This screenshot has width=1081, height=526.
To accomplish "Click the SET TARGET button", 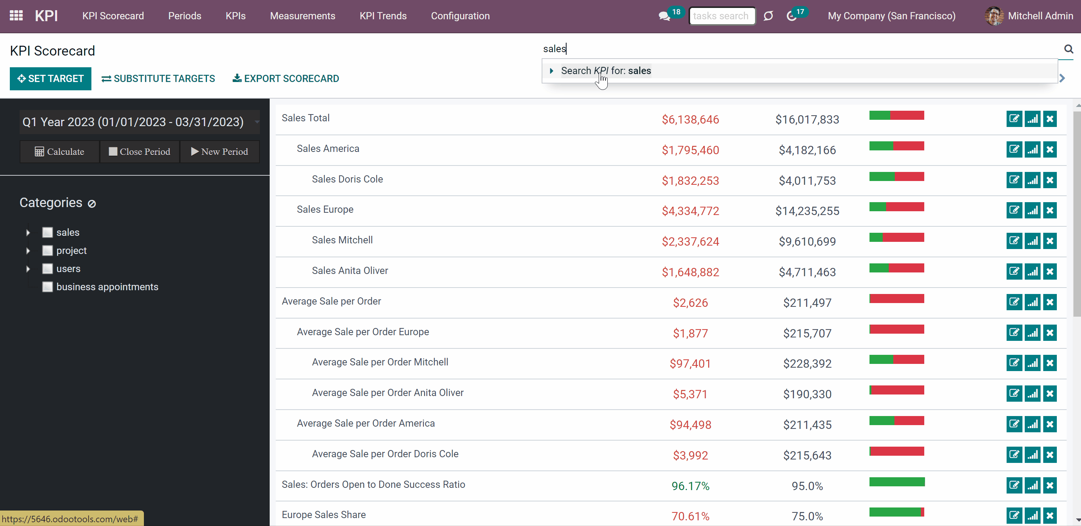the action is tap(50, 79).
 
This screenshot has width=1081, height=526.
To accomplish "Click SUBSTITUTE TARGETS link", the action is tap(158, 79).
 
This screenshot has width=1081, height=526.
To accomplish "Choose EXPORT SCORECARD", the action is tap(286, 79).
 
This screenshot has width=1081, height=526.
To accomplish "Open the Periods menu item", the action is tap(185, 16).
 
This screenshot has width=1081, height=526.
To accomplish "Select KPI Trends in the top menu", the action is tap(383, 16).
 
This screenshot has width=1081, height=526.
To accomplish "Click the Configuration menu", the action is tap(460, 16).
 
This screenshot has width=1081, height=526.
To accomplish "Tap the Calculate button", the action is tap(59, 152).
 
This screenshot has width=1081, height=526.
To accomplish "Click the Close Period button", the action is tap(139, 152).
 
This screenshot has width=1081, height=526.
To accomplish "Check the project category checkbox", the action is tap(48, 251).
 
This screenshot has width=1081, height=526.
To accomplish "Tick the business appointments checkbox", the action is tap(48, 287).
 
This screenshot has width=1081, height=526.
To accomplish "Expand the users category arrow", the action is tap(28, 269).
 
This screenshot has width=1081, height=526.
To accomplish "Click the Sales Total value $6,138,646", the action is tap(690, 120).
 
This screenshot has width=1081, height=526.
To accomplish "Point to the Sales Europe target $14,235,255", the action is tap(807, 211).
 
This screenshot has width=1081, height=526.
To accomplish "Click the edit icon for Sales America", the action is tap(1014, 149).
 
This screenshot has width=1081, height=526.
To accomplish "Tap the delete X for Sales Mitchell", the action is tap(1050, 241).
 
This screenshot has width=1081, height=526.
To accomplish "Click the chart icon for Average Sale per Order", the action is tap(1032, 302).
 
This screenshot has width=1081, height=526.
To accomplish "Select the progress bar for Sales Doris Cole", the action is tap(897, 176).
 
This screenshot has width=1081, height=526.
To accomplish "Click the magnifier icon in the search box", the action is tap(1069, 49).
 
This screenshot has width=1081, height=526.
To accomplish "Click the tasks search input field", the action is tap(722, 16).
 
